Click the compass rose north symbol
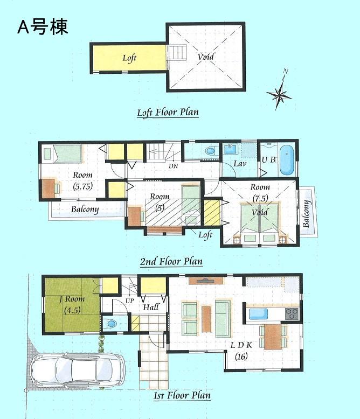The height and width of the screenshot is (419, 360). [280, 94]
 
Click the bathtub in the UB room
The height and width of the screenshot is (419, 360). [287, 160]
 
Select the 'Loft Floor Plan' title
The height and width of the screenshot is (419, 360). [168, 113]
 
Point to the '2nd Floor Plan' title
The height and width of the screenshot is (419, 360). [171, 262]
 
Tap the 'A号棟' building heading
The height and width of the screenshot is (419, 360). [43, 27]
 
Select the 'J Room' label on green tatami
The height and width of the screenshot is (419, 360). [72, 300]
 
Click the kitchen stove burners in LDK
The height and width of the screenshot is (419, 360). [291, 313]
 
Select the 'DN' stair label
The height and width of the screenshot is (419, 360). [173, 166]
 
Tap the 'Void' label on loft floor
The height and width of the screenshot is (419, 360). [205, 57]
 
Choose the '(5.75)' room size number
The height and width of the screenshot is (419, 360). [83, 187]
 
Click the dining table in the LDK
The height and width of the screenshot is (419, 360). [272, 336]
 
